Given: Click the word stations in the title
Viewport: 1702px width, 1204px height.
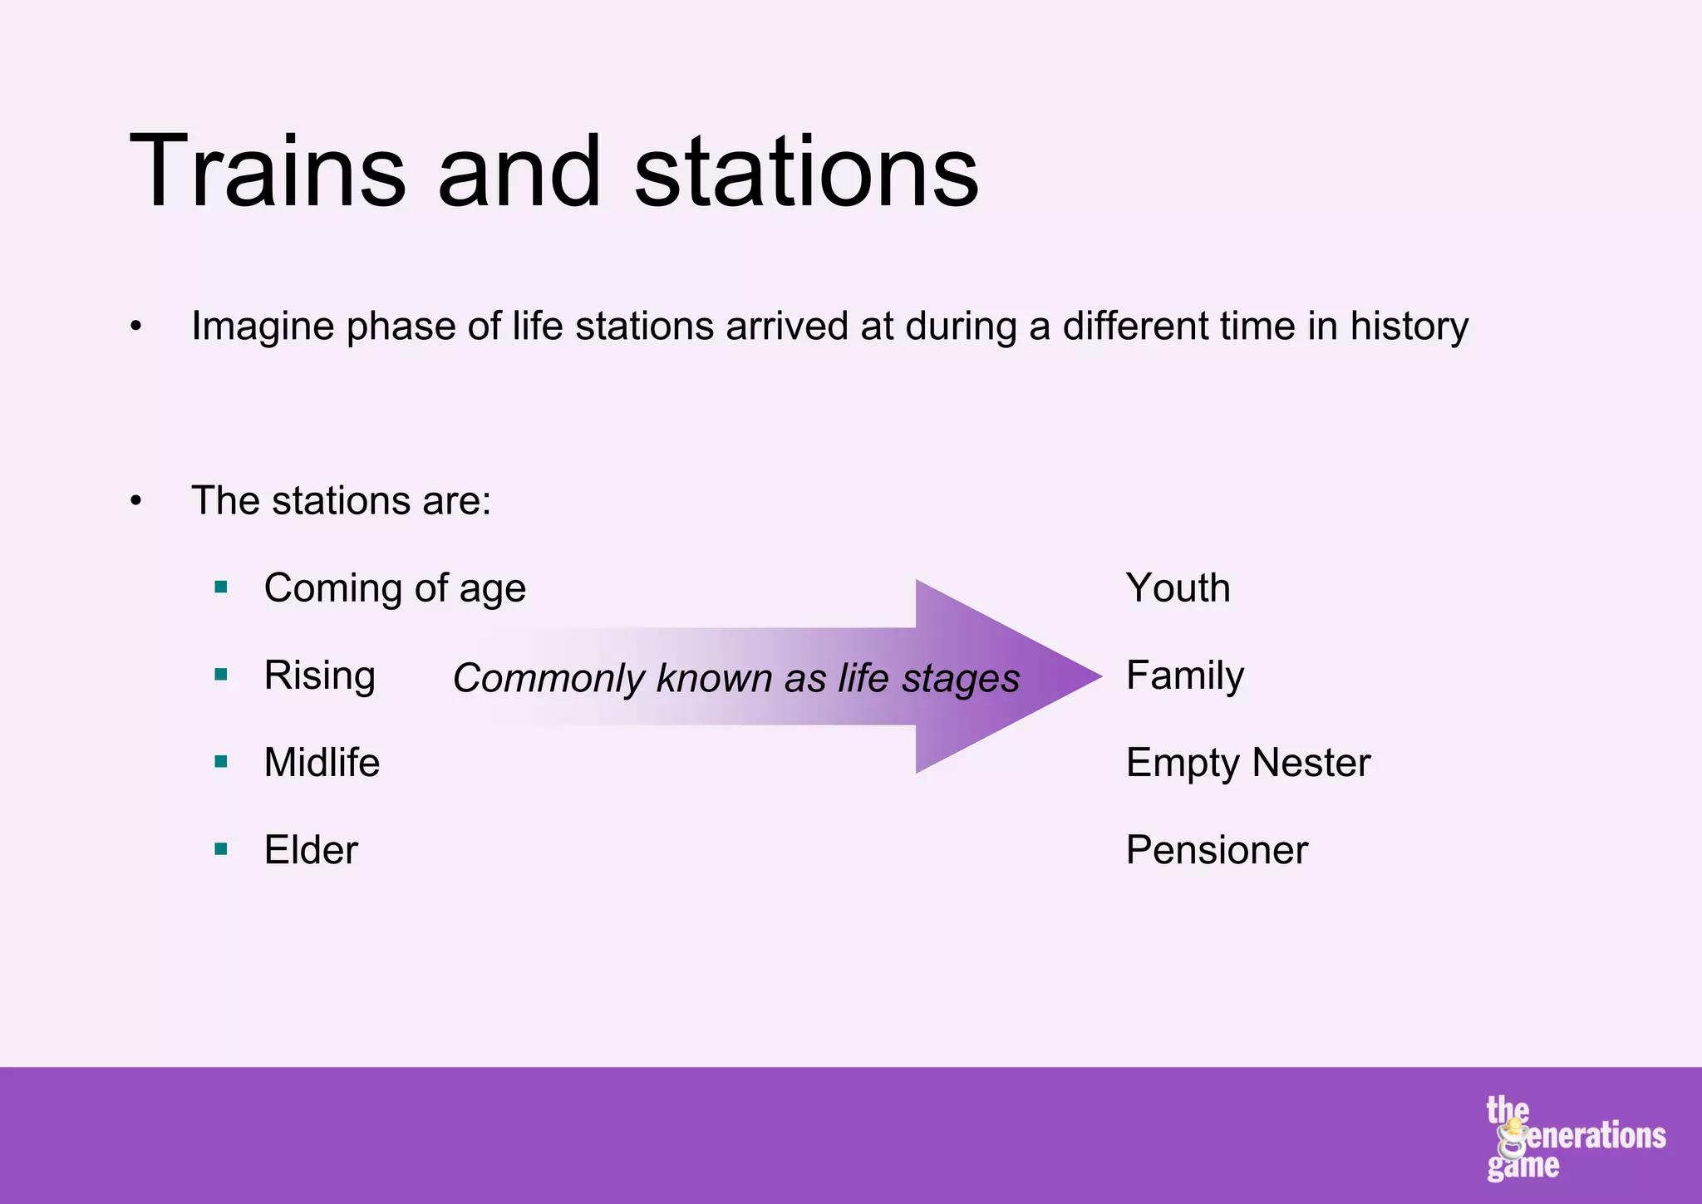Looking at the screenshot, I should (806, 172).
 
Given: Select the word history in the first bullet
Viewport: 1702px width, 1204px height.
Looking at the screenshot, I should (1409, 327).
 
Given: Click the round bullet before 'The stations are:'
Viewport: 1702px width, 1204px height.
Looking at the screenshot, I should (136, 501).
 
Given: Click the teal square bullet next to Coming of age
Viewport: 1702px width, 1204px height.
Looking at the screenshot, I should (221, 587).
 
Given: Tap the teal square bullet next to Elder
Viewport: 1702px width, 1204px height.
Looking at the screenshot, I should (221, 849).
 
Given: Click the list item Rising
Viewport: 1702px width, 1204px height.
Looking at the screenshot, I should (319, 676).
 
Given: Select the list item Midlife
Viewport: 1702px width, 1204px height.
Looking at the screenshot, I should (322, 762).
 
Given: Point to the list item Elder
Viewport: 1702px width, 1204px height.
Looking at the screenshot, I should (311, 850).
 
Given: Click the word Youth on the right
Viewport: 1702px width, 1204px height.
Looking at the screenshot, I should (1178, 588).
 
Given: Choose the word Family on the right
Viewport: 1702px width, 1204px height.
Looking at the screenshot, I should (1185, 676).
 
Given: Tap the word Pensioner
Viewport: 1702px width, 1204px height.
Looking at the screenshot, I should (1217, 850).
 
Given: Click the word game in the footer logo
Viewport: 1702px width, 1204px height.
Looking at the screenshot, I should (1522, 1166).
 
